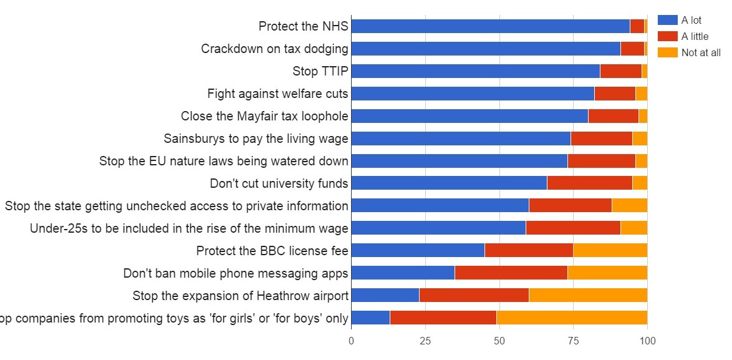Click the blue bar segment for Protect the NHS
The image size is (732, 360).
click(490, 26)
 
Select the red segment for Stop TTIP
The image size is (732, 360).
click(620, 71)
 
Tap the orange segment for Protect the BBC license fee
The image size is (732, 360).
click(610, 251)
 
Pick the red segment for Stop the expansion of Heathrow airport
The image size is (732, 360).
click(474, 296)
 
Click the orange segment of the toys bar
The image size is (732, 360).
click(572, 318)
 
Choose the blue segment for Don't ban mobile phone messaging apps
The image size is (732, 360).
click(403, 273)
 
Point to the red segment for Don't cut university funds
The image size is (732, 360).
click(589, 183)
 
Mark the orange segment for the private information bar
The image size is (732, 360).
click(629, 206)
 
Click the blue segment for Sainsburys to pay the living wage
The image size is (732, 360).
click(461, 139)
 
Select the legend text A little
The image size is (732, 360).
click(695, 37)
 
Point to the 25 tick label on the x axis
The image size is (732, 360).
click(425, 341)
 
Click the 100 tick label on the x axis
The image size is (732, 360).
click(647, 341)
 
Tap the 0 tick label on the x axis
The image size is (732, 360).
click(351, 341)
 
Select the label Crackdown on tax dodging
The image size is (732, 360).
click(274, 49)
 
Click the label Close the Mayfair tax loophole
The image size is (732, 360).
click(264, 116)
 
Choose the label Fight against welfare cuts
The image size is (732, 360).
click(277, 94)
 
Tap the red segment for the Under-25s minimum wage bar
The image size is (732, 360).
click(573, 228)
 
